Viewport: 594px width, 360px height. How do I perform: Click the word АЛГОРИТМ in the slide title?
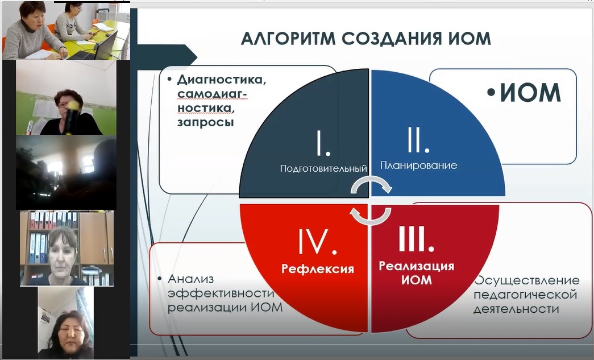coord(288,39)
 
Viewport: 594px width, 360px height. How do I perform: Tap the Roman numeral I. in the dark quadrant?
coord(323,143)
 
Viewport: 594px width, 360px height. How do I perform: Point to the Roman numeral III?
coord(416,238)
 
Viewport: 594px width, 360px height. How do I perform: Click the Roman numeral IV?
coord(317,241)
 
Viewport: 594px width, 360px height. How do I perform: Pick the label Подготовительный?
coord(323,168)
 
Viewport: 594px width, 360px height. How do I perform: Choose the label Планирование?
coord(418,165)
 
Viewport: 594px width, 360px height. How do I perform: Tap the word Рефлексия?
coord(317,268)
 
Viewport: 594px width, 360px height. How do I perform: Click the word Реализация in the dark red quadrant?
coord(416,266)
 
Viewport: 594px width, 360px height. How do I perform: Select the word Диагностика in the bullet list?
coord(222,80)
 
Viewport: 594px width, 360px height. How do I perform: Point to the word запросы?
coord(205,122)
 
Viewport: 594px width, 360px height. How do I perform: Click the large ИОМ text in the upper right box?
coord(530,93)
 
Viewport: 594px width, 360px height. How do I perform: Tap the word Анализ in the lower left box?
coord(190,279)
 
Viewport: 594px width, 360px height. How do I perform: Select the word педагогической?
coord(525,295)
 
